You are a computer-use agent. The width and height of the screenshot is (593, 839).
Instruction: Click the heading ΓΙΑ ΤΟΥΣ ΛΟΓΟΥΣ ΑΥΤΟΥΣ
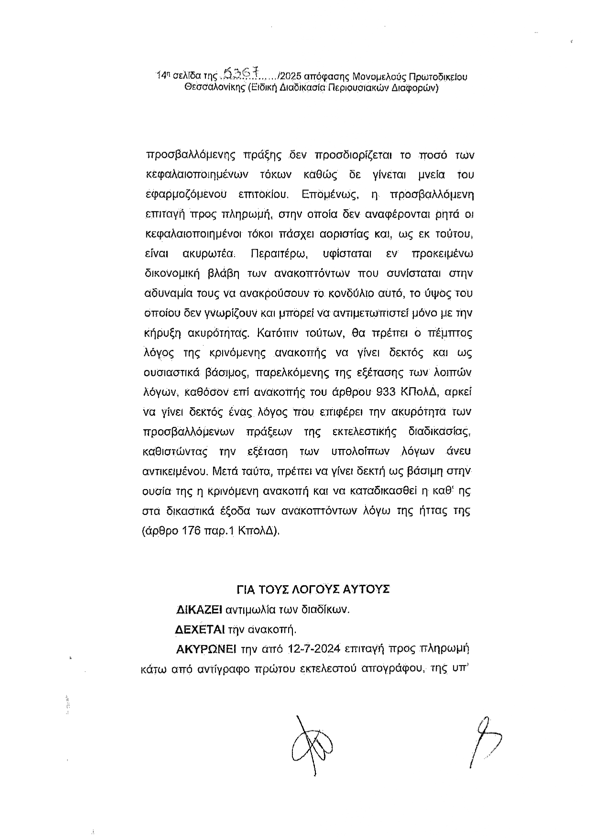[313, 589]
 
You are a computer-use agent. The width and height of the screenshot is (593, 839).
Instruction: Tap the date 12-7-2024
[313, 649]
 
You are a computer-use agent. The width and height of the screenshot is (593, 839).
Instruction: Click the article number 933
[385, 392]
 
